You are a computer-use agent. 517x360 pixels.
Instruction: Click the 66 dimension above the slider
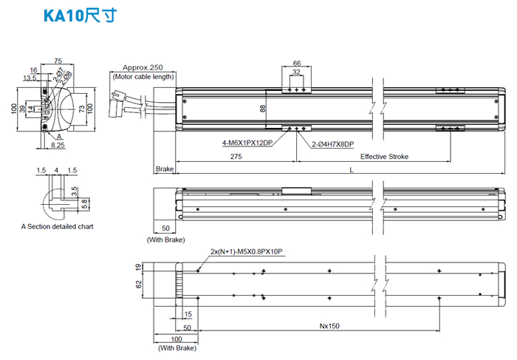tap(296, 64)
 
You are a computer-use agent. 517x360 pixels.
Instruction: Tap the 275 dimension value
tap(236, 157)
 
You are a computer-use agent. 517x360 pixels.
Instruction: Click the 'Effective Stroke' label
tap(384, 157)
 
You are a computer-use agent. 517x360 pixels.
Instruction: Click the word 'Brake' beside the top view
tap(164, 170)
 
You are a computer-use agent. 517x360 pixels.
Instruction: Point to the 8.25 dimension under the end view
tap(59, 146)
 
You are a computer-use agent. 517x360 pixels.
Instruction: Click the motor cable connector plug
tap(117, 103)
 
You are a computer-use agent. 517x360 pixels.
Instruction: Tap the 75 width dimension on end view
tap(58, 61)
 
